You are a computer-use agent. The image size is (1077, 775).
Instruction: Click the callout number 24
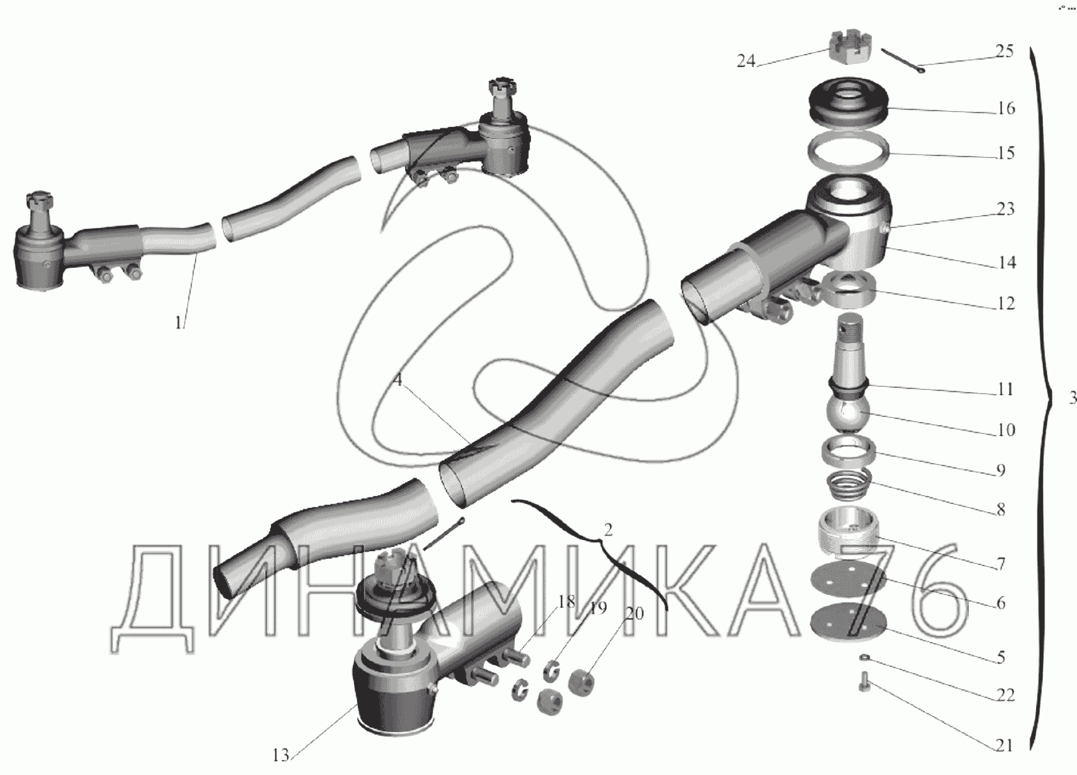click(746, 61)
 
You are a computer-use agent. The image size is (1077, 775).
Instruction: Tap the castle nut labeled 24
click(850, 48)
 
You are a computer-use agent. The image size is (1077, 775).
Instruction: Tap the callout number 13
click(280, 755)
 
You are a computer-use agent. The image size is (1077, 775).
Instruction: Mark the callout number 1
click(178, 323)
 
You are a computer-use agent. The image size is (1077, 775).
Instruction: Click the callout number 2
click(608, 530)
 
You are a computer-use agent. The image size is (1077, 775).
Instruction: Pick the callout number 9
click(1000, 470)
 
